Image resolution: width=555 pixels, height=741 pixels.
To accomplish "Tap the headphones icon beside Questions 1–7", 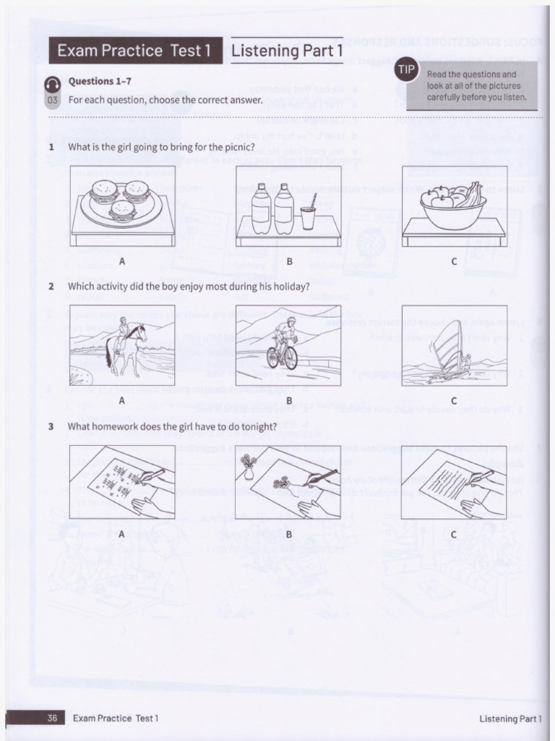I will pyautogui.click(x=53, y=84).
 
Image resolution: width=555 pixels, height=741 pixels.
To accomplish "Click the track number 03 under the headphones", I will pyautogui.click(x=53, y=100).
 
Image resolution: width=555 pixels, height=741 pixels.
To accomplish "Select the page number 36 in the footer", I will pyautogui.click(x=52, y=718).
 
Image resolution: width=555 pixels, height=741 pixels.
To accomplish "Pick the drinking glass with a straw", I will pyautogui.click(x=309, y=213).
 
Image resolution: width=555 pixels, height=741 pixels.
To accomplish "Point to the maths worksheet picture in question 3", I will pyautogui.click(x=122, y=482).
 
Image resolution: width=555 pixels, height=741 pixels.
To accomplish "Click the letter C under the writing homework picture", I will pyautogui.click(x=454, y=534).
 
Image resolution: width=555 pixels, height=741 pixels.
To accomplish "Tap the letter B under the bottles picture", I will pyautogui.click(x=288, y=261).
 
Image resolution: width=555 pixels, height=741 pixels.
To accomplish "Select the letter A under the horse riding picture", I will pyautogui.click(x=122, y=400).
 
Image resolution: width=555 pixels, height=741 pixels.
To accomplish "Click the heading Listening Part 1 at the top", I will pyautogui.click(x=287, y=51).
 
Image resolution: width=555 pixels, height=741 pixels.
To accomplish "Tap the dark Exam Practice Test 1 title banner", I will pyautogui.click(x=135, y=51).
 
